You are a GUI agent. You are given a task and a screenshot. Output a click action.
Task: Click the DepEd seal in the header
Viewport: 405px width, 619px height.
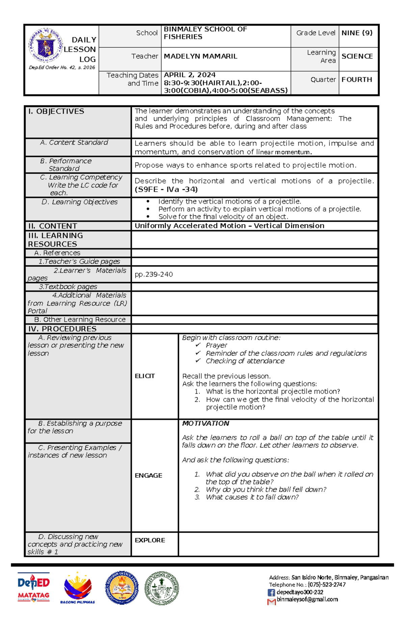[46, 45]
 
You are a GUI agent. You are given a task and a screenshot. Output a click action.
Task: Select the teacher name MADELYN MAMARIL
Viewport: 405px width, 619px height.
[200, 56]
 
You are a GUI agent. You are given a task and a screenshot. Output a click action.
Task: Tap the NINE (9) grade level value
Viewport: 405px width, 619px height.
[357, 33]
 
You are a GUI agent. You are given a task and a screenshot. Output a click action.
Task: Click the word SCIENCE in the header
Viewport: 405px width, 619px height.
[357, 56]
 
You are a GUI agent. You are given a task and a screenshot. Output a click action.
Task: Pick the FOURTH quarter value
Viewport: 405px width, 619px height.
[356, 80]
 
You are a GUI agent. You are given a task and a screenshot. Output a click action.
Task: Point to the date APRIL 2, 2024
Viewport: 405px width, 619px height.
[189, 75]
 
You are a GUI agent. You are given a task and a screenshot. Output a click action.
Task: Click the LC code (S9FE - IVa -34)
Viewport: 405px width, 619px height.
[166, 189]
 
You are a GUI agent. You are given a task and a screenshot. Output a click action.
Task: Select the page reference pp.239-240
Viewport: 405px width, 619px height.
[154, 274]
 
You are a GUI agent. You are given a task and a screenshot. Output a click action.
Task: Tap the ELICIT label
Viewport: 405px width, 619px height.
[145, 376]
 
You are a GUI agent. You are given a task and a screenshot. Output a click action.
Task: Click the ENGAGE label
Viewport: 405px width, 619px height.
[148, 475]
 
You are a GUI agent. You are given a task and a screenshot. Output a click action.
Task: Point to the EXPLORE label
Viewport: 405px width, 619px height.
[150, 540]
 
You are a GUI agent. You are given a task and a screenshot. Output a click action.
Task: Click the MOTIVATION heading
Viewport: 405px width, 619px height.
[206, 423]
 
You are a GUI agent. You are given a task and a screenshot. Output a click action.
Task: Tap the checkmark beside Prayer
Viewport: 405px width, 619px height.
[198, 345]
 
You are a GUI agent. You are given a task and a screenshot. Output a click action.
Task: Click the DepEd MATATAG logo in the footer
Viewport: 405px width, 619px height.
[33, 587]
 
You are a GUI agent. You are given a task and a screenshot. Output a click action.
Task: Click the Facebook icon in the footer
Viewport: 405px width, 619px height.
[271, 592]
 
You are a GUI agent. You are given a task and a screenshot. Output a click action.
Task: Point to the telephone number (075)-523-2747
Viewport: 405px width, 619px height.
[326, 585]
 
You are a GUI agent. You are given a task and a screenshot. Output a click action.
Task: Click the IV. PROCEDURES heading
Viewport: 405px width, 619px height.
[62, 329]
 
